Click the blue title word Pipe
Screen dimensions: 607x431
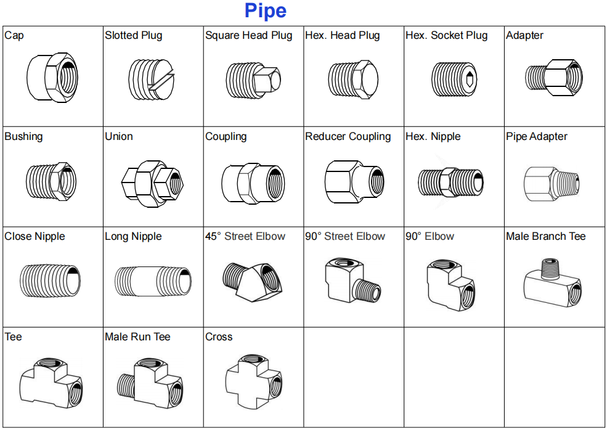point(266,11)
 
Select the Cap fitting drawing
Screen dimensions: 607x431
point(52,78)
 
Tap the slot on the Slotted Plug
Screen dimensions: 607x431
point(163,81)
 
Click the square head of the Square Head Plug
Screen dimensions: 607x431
point(267,79)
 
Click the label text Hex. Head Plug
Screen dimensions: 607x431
point(342,35)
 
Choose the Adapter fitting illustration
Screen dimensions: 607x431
point(554,78)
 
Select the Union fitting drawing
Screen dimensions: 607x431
point(152,184)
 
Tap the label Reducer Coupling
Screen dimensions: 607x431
point(348,136)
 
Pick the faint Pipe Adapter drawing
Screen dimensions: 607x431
point(552,184)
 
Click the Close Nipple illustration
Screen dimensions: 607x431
point(50,281)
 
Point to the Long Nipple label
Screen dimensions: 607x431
point(133,236)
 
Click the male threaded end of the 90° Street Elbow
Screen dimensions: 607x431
point(368,290)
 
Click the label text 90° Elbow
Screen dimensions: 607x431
point(430,236)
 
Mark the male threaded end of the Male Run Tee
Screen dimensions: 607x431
point(126,385)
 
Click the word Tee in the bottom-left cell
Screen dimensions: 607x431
point(13,337)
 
